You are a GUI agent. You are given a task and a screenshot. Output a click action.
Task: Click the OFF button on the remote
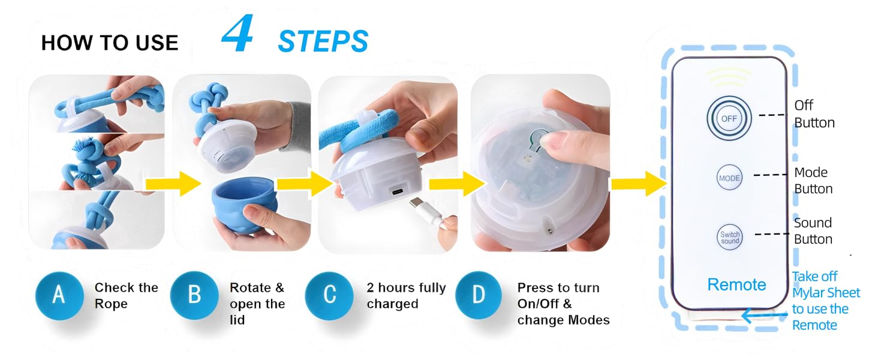coord(729,118)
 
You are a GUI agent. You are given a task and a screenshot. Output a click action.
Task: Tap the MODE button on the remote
coord(729,178)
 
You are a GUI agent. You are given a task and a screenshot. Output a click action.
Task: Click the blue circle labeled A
coord(59,296)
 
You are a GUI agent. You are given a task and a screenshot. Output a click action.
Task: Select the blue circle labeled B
coord(194,296)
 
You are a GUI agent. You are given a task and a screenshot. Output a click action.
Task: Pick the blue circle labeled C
coord(329,296)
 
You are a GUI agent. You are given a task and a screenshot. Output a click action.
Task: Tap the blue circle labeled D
coord(479,296)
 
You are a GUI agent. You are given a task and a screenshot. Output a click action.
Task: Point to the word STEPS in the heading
coord(323,41)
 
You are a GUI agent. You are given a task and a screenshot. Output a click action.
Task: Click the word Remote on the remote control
coord(736,284)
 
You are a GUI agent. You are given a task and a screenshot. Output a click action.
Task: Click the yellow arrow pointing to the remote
coord(639,184)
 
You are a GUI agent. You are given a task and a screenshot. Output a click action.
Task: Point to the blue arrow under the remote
coord(764,314)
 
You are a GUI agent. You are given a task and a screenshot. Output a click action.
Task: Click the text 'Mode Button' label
coord(813,181)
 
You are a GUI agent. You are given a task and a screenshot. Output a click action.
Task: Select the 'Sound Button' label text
coord(813,231)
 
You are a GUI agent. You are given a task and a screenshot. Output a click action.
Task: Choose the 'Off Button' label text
coord(814,114)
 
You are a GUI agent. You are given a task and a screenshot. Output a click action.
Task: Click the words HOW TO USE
coord(110,43)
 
